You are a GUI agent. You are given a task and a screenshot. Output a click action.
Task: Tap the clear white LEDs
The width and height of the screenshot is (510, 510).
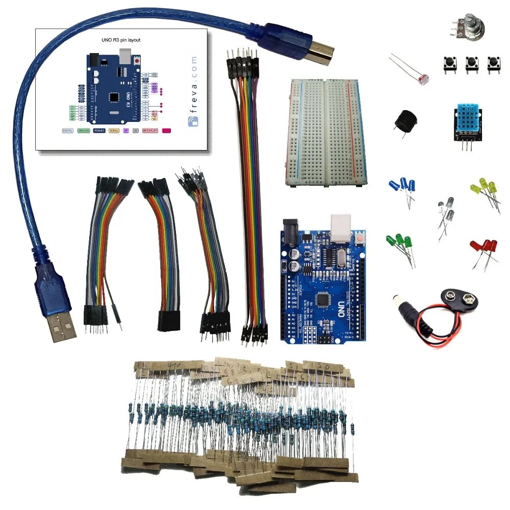pyautogui.click(x=445, y=209)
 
